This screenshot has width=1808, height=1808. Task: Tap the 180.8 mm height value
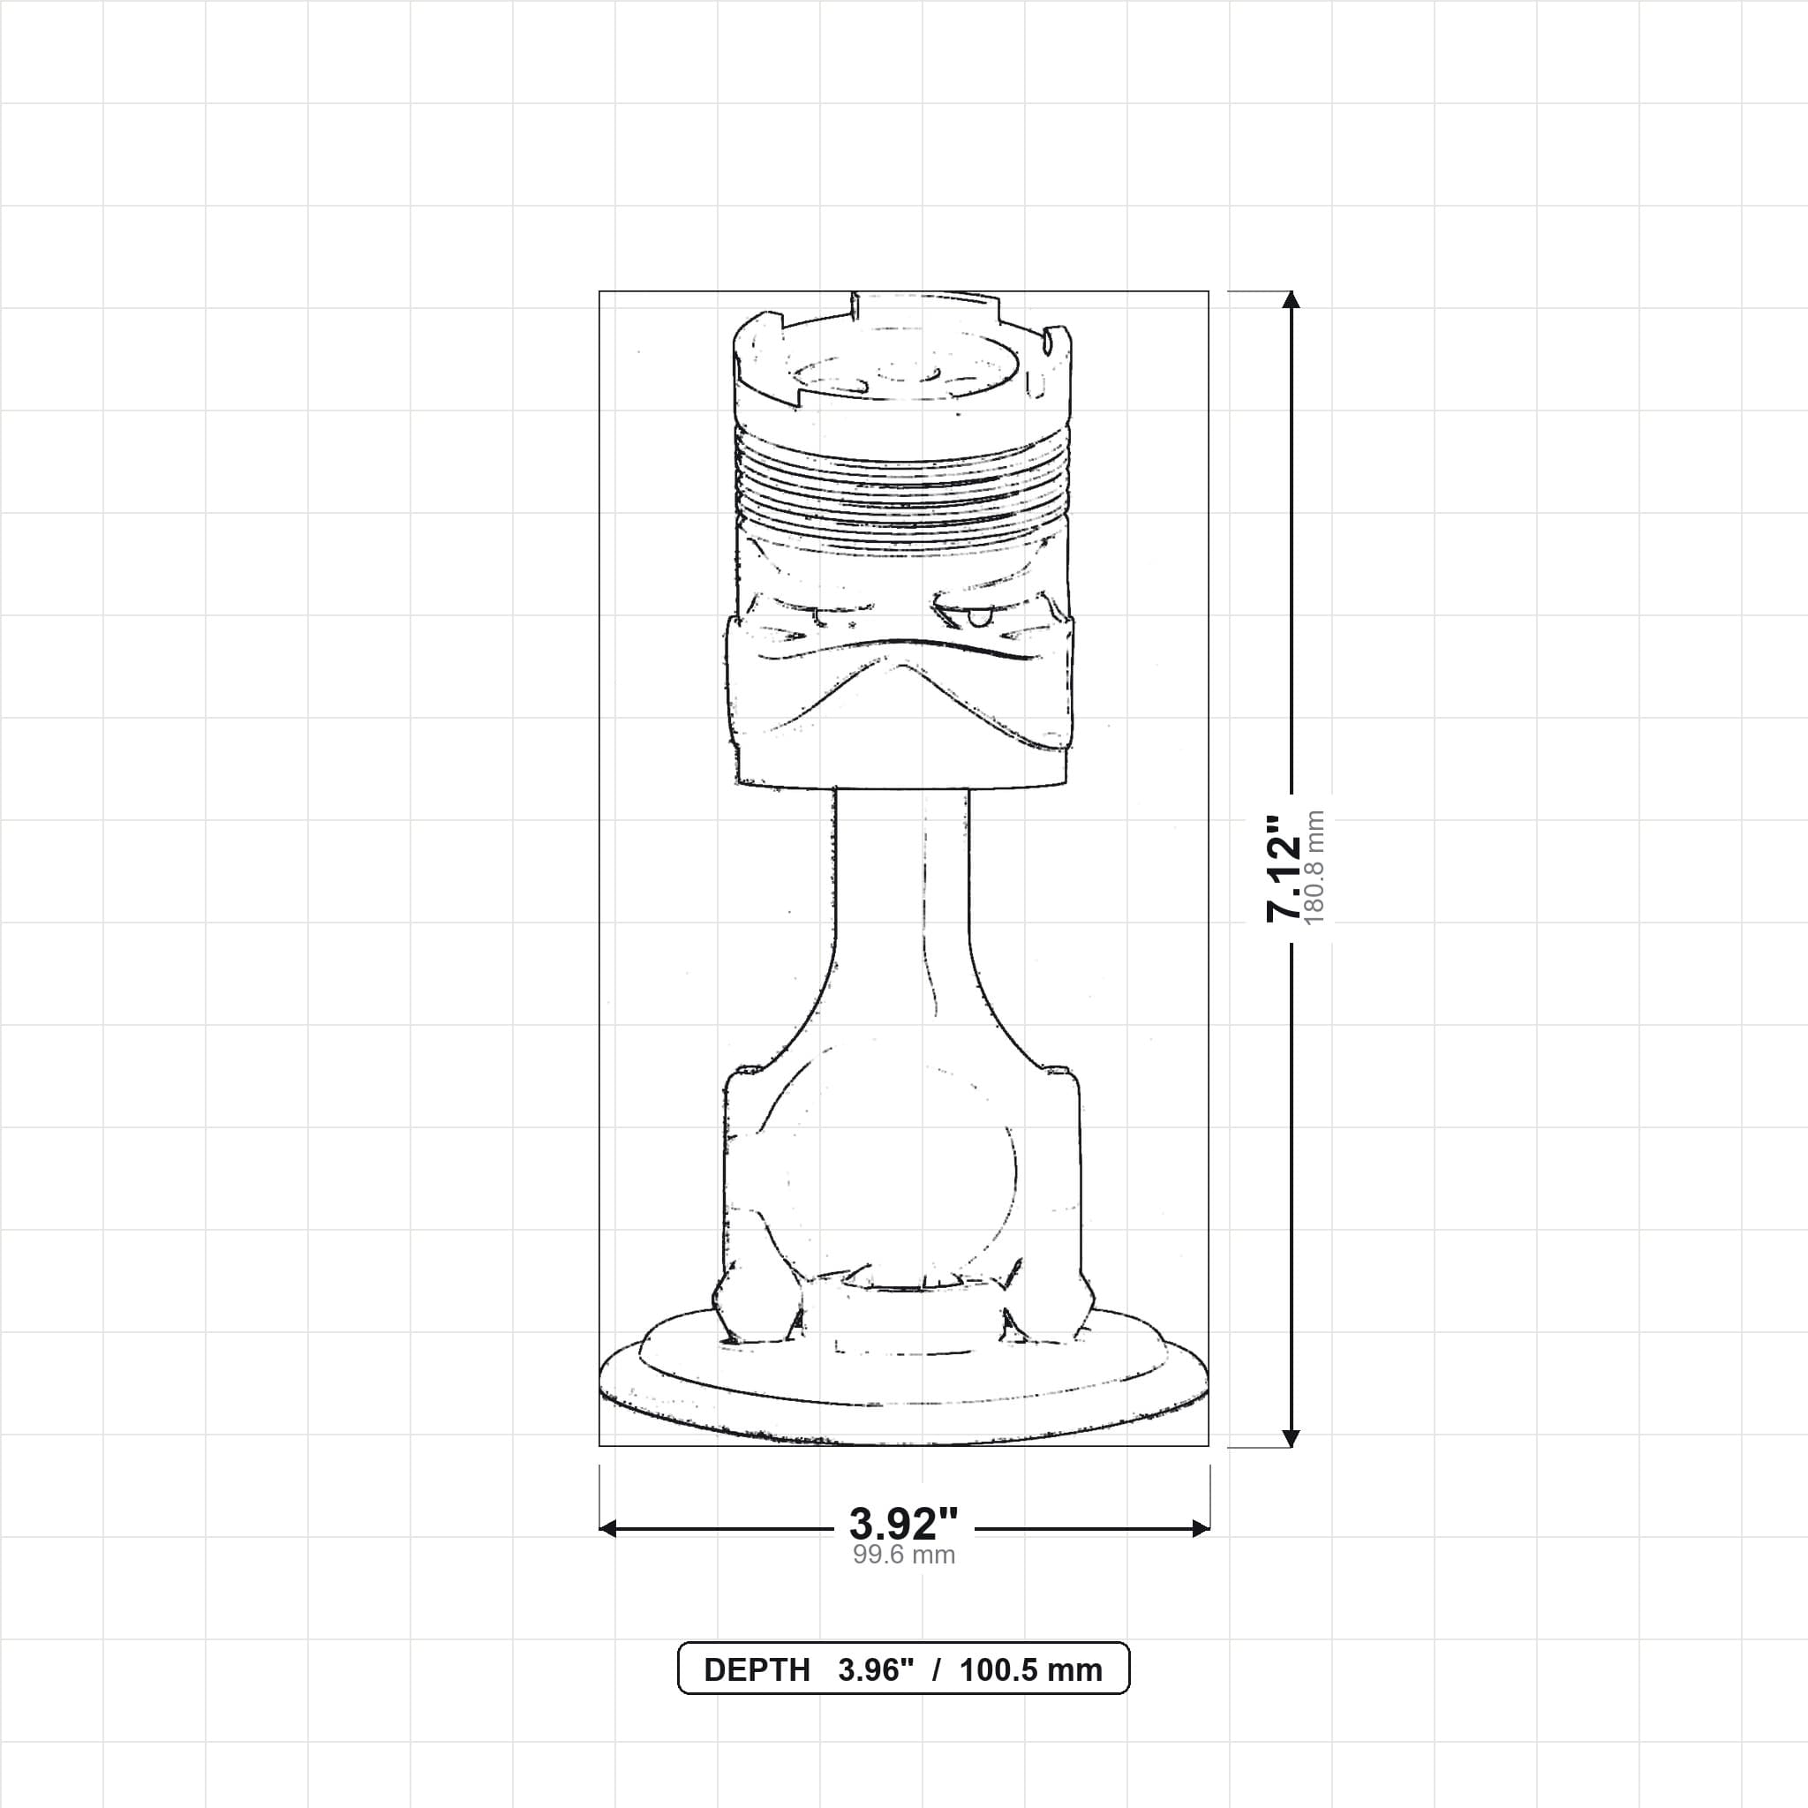point(1314,869)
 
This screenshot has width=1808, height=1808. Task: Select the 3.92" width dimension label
point(904,1525)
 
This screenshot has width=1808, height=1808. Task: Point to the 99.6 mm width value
point(904,1556)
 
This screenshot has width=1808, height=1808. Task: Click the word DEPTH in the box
point(757,1670)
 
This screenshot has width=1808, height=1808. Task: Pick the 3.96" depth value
point(876,1670)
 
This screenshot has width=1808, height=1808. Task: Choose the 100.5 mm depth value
point(1031,1670)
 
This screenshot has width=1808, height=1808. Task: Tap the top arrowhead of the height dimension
point(1292,299)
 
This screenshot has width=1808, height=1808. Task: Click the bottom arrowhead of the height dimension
point(1292,1437)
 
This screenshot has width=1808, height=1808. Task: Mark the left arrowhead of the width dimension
point(608,1529)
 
